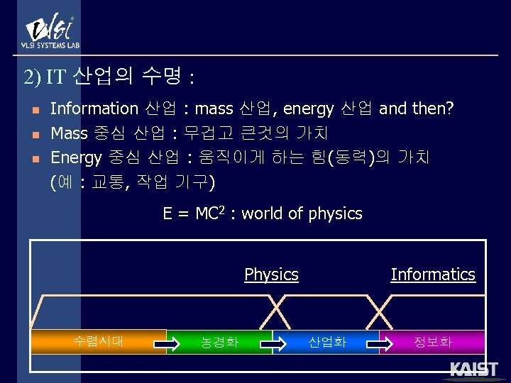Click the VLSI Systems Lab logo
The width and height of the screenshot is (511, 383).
coord(50,31)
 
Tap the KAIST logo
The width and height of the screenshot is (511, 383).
coord(473,370)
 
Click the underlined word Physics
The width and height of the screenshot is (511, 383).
coord(271,274)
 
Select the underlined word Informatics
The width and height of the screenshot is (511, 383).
coord(432,274)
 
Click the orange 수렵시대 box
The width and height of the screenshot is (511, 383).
coord(99,341)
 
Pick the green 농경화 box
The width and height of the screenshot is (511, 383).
coord(219,343)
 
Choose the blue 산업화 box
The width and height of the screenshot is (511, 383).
coord(326,343)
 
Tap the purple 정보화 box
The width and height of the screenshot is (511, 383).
coord(433,343)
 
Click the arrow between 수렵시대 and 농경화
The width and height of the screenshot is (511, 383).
coord(167,345)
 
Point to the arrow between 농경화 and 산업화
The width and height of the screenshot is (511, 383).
coord(273,345)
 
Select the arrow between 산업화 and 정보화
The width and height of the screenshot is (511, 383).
coord(380,345)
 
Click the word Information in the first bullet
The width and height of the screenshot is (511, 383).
coord(94,109)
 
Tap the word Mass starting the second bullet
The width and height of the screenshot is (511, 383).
coord(69,133)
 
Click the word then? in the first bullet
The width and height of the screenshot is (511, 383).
coord(433,109)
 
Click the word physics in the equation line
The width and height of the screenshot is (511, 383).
coord(335,214)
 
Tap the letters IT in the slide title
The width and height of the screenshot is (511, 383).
coord(55,77)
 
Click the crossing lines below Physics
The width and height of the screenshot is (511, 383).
coord(273,311)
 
